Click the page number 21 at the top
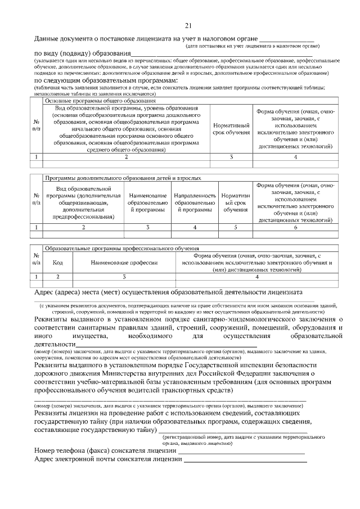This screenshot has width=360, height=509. tap(188, 25)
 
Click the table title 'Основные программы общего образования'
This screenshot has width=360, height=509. tap(93, 100)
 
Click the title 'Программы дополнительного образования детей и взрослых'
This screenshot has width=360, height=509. tap(123, 178)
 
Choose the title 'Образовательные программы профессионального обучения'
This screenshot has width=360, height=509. tap(121, 248)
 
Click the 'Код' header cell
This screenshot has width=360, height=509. tap(57, 262)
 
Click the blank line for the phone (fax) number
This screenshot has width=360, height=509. tap(241, 452)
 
